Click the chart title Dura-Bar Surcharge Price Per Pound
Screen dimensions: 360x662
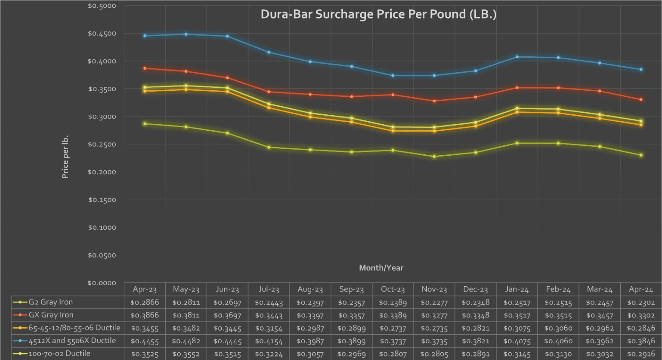(x=378, y=14)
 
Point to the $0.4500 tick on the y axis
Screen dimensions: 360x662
(x=102, y=34)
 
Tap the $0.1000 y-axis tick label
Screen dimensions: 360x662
(x=102, y=228)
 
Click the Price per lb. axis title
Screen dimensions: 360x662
(x=65, y=157)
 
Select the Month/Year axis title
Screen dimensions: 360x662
(x=381, y=268)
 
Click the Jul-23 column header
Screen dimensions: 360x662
(x=269, y=289)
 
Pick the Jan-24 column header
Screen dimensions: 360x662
(x=517, y=289)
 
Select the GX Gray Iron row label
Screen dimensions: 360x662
(x=51, y=315)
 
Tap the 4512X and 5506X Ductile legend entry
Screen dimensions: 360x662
(x=72, y=341)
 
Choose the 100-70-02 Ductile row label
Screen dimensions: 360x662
(x=59, y=354)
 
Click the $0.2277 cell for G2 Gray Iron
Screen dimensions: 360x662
(x=434, y=302)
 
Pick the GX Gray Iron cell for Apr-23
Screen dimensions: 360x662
(x=144, y=315)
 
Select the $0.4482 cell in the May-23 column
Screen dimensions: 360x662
(x=186, y=341)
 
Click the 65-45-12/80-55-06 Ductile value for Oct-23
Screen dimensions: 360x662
(x=393, y=328)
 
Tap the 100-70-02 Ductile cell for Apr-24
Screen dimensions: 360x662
(x=641, y=354)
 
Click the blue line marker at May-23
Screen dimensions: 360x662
(x=186, y=34)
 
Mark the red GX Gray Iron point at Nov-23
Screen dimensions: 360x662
(x=434, y=101)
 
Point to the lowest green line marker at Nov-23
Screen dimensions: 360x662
(x=434, y=157)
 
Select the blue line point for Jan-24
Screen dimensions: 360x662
(x=517, y=57)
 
